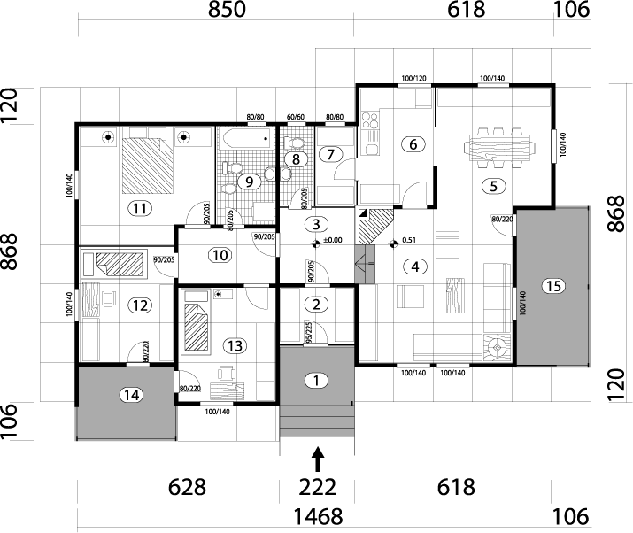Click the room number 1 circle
[x=315, y=381]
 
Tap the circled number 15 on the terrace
[x=553, y=286]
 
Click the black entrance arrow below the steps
[x=319, y=458]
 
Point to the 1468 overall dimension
[x=315, y=516]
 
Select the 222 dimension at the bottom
[x=317, y=487]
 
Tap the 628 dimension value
[x=187, y=487]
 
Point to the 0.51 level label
[x=408, y=239]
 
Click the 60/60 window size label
[x=296, y=117]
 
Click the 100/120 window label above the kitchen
[x=413, y=80]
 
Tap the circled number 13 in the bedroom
[x=234, y=344]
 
